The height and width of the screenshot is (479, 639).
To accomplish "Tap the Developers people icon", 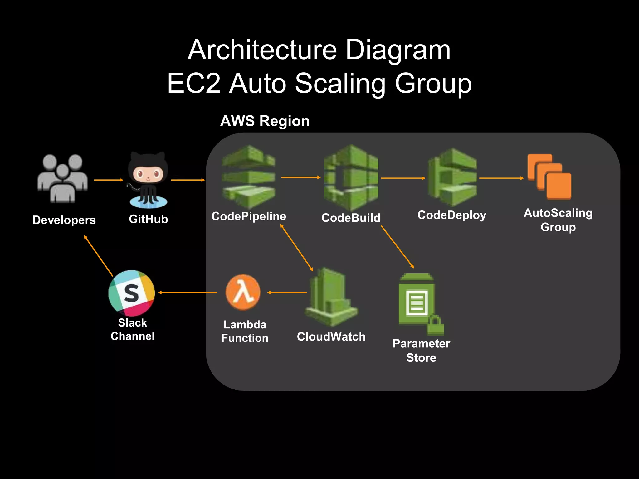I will tap(63, 179).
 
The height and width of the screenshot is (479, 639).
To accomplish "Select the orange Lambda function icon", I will tap(243, 292).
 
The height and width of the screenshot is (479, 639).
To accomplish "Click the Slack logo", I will tap(131, 293).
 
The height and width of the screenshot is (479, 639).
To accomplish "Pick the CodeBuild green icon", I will tap(351, 178).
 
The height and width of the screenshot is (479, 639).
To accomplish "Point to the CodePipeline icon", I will tap(248, 177).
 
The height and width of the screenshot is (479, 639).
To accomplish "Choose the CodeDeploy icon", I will tap(452, 178).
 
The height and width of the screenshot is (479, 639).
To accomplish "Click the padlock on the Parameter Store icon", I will tap(436, 326).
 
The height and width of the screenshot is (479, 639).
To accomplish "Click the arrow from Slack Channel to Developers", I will tap(99, 256).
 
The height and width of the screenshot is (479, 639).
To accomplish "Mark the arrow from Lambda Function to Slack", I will tap(188, 293).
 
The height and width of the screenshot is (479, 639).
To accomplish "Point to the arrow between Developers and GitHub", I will tap(109, 180).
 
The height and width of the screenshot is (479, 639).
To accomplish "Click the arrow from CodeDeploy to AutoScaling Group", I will tap(501, 178).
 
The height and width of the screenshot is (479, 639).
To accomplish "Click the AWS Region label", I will tap(265, 121).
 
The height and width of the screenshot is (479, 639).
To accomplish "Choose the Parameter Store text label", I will tap(421, 351).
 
